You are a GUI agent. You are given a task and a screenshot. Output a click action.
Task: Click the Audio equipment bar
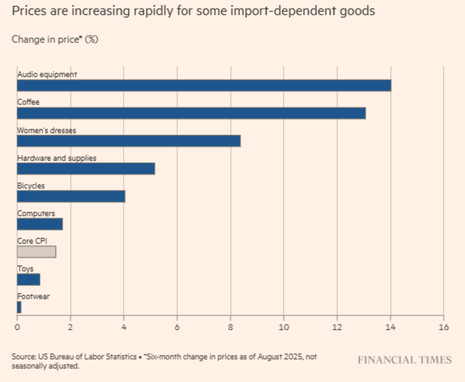[204, 85]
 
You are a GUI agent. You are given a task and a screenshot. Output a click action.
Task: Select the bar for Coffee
[191, 113]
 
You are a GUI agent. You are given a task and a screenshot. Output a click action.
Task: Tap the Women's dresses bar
[129, 141]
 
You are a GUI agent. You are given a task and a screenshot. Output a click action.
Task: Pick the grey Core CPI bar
[37, 252]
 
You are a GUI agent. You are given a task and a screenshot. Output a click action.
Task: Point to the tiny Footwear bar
[19, 307]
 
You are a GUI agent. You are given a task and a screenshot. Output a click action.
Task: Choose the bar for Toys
[28, 280]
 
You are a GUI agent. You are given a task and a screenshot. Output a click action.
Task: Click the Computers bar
[40, 224]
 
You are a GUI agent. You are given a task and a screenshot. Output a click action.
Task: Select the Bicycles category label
[31, 186]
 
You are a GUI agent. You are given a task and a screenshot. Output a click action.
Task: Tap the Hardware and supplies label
[57, 158]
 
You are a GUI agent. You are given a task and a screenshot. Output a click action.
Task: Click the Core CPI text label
[32, 241]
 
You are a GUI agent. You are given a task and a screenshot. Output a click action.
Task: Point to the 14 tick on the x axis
[391, 327]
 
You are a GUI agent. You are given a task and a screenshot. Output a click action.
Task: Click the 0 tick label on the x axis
[17, 327]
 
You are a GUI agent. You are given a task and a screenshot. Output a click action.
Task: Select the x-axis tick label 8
[230, 327]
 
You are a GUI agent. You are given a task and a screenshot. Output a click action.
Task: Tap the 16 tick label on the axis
[443, 327]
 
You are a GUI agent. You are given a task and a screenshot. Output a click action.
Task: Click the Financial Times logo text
[404, 360]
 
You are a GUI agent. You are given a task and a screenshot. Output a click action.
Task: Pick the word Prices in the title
[29, 11]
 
